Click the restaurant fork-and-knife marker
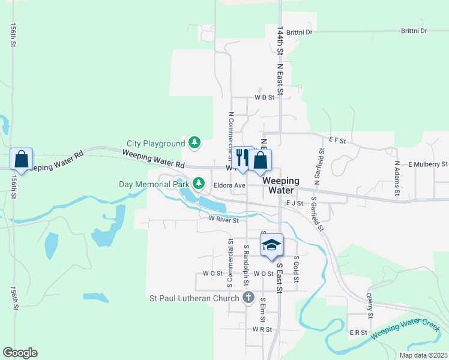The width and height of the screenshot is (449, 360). (242, 158)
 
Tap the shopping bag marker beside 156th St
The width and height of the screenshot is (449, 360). (21, 160)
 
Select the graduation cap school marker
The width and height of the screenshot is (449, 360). (271, 245)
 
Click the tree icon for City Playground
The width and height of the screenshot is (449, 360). (194, 143)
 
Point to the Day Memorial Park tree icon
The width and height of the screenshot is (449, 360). (197, 182)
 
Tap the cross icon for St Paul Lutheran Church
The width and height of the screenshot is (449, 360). (249, 297)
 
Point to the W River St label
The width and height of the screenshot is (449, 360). (224, 220)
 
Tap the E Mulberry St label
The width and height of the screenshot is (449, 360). (428, 164)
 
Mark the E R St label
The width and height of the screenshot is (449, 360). (358, 332)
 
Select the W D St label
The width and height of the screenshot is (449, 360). (264, 97)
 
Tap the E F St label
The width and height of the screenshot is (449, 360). (338, 140)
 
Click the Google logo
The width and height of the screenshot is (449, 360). (20, 353)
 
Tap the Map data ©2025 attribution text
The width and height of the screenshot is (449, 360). (423, 355)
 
